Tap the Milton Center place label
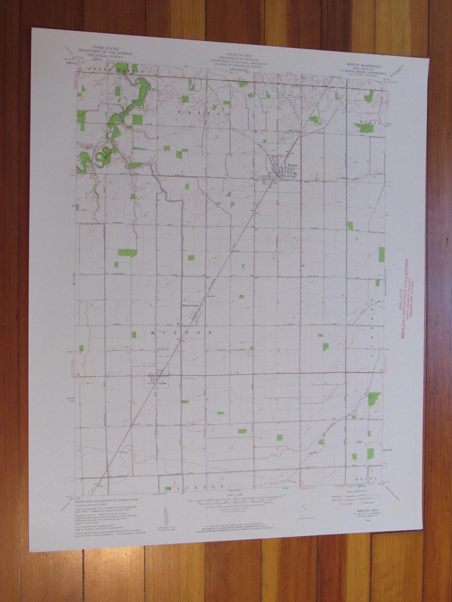[190, 306]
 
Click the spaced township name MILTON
[182, 333]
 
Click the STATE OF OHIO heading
[238, 55]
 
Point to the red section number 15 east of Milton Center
[232, 301]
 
